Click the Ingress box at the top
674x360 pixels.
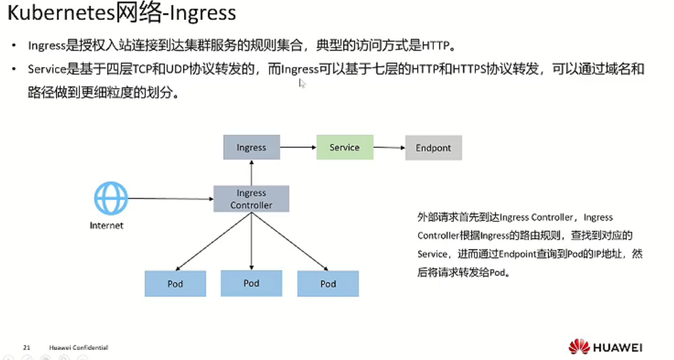coord(251,147)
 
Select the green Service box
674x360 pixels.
coord(345,147)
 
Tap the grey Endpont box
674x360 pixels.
coord(433,148)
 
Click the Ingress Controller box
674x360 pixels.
coord(251,199)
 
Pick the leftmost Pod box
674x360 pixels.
coord(175,284)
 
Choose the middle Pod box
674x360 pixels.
coord(251,283)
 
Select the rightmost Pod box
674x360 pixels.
coord(328,284)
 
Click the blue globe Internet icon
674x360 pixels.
coord(111,199)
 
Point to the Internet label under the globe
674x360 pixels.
coord(106,226)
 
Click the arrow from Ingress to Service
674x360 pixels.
coord(298,147)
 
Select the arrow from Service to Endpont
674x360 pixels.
coord(389,147)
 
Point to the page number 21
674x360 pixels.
coord(26,348)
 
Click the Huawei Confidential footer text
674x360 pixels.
coord(78,348)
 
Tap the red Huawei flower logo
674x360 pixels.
coord(579,347)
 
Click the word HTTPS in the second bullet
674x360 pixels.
coord(468,69)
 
